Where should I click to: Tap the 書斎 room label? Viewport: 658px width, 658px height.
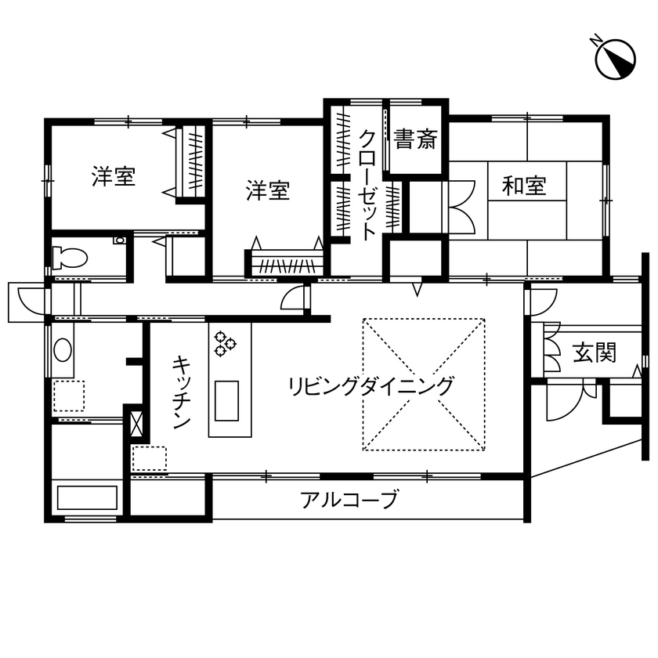[415, 141]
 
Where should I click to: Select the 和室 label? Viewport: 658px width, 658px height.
[524, 186]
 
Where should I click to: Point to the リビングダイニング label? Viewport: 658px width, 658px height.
[371, 386]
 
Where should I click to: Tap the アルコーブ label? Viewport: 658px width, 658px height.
[349, 499]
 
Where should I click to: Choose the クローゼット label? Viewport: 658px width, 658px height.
[367, 185]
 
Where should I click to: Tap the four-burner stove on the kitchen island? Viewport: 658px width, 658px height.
[226, 342]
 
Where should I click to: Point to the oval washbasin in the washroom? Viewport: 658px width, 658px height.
[62, 350]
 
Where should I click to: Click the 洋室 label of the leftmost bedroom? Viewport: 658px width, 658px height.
[114, 177]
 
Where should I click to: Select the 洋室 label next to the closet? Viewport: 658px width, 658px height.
[269, 190]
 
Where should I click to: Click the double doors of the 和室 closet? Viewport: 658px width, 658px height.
[463, 205]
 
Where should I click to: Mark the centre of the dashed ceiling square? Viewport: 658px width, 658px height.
[423, 384]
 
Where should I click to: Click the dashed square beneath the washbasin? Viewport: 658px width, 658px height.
[69, 396]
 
